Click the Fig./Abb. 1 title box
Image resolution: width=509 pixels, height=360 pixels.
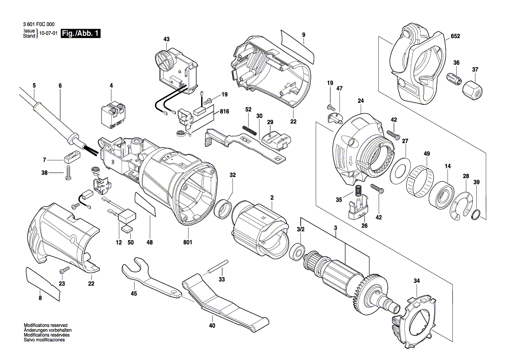(x=81, y=33)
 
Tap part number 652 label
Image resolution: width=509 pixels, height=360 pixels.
(x=455, y=36)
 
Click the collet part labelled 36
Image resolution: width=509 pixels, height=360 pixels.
(x=454, y=78)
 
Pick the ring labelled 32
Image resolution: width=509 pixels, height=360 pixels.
(x=224, y=209)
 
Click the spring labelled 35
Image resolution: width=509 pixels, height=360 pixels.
(x=358, y=190)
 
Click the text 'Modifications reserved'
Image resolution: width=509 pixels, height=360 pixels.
(x=46, y=325)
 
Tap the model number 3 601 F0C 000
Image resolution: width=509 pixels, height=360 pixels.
(x=39, y=24)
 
